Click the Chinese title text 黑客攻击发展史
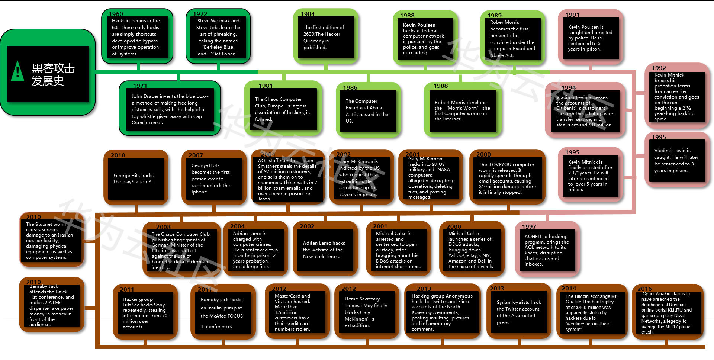53,74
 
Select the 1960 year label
116,14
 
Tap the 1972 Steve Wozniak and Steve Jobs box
218,37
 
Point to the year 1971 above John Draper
140,86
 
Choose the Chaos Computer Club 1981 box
282,109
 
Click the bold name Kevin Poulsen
419,25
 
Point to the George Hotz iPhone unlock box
211,179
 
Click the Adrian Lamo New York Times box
324,250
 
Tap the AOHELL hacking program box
547,250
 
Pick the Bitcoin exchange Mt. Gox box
591,312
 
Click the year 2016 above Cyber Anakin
644,289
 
